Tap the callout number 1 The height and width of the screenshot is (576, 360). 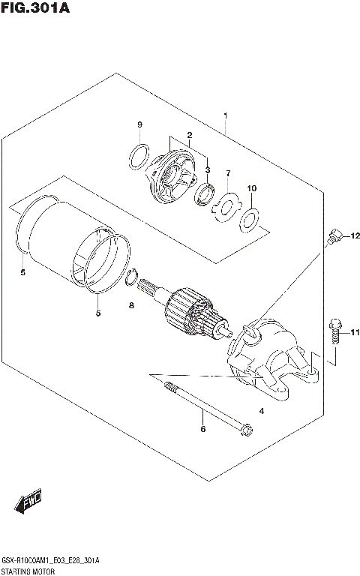[x=225, y=116]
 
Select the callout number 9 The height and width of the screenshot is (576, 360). [x=139, y=124]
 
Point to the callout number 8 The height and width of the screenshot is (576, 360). [x=131, y=306]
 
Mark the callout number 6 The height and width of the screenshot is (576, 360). [x=202, y=429]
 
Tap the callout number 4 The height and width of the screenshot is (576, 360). [x=262, y=411]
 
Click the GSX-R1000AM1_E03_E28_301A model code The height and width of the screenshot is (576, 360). [x=51, y=559]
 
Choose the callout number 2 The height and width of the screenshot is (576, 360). [x=190, y=135]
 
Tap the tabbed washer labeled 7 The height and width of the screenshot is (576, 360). [x=225, y=205]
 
